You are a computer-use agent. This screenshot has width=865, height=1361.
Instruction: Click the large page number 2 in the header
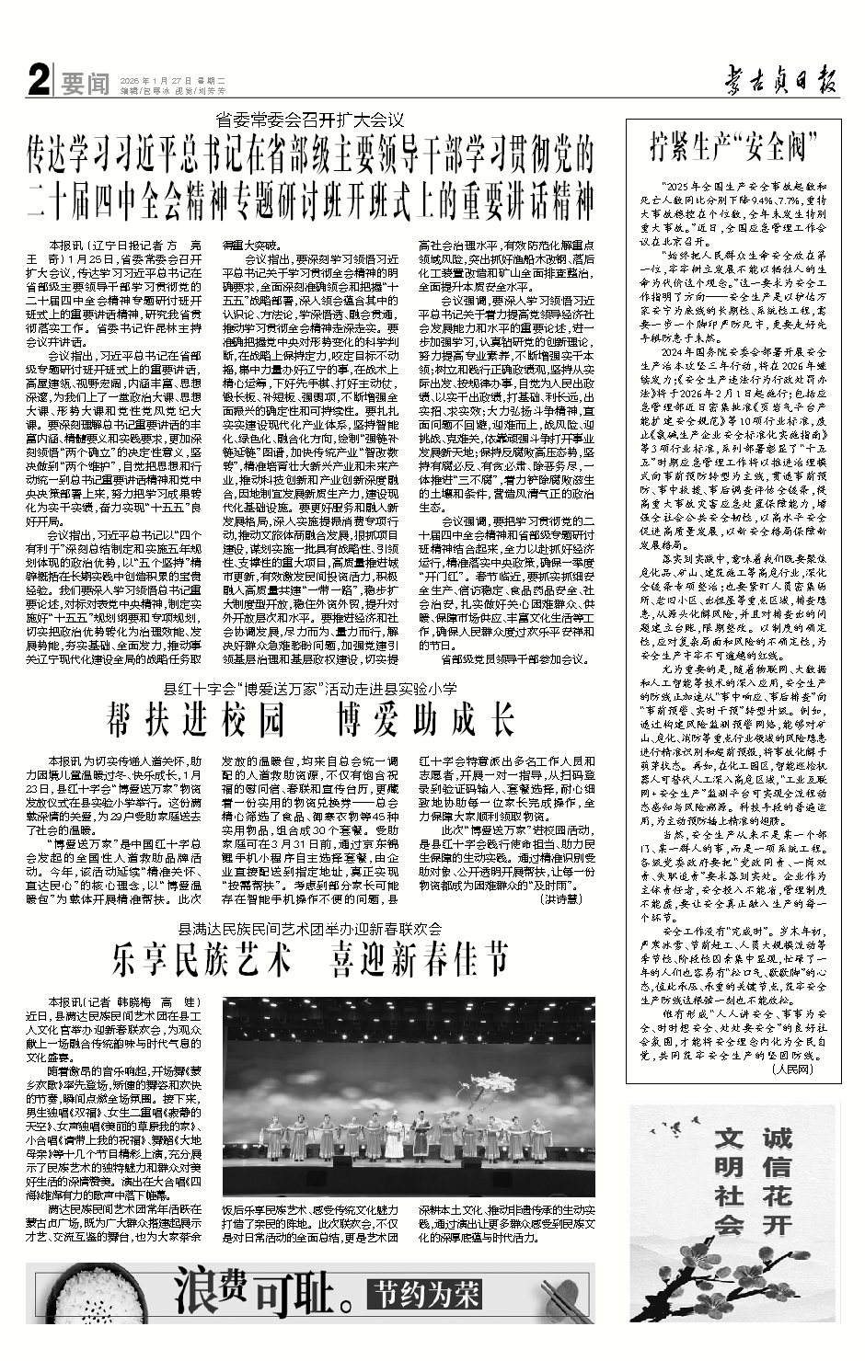(x=38, y=85)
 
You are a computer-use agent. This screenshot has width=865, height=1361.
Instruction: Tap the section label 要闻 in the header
(x=85, y=86)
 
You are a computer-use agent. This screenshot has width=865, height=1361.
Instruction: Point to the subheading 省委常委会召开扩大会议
(x=310, y=119)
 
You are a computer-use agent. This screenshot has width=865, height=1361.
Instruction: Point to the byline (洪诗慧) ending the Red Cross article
(x=560, y=898)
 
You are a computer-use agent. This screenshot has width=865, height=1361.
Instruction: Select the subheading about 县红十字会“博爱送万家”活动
(x=310, y=688)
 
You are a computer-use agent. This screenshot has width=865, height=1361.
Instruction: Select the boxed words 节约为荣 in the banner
(x=425, y=1296)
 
